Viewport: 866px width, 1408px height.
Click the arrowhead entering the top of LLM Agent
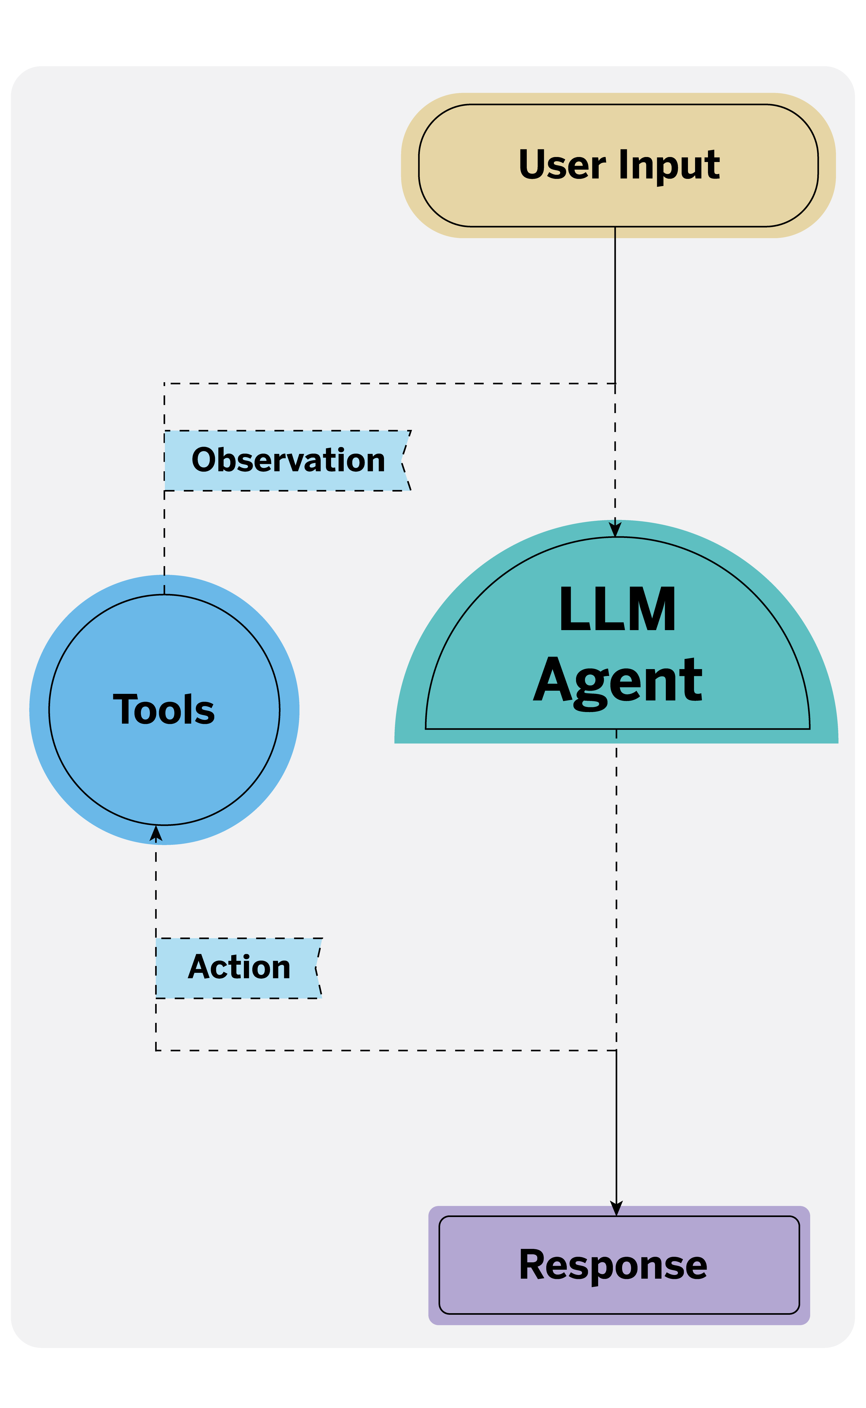[x=615, y=529]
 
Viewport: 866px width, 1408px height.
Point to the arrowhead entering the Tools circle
[x=156, y=834]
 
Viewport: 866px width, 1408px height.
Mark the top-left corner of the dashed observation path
[x=164, y=383]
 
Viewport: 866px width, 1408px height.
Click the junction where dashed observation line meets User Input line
[x=615, y=383]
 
